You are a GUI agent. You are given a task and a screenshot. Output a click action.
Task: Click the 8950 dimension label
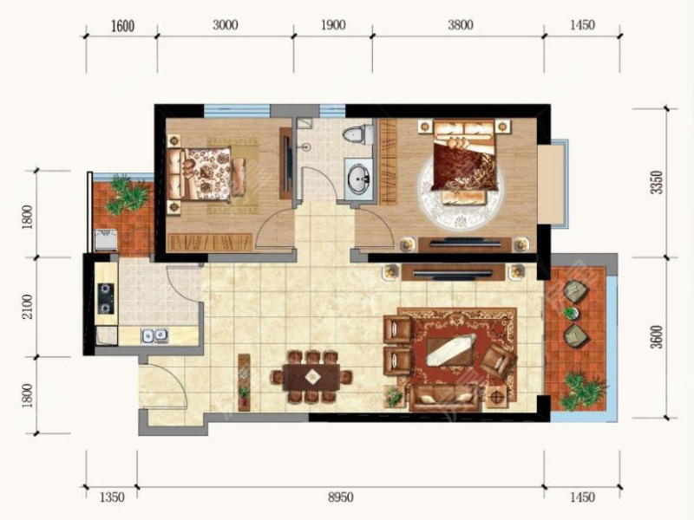pyautogui.click(x=340, y=497)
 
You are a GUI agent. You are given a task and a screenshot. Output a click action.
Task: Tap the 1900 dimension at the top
pyautogui.click(x=333, y=25)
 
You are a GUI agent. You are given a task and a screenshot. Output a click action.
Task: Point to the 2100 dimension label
pyautogui.click(x=28, y=306)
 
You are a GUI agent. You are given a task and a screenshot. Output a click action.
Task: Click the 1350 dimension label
pyautogui.click(x=112, y=497)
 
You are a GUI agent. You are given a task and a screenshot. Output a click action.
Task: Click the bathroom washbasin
pyautogui.click(x=359, y=179)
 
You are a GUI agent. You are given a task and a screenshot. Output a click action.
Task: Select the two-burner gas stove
pyautogui.click(x=106, y=298)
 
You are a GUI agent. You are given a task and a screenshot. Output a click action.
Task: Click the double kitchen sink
pyautogui.click(x=154, y=335)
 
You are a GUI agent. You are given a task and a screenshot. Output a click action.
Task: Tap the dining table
pyautogui.click(x=311, y=377)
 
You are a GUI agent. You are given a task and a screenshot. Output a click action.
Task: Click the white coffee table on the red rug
pyautogui.click(x=451, y=349)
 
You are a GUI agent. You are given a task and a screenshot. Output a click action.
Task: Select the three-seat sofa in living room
pyautogui.click(x=444, y=398)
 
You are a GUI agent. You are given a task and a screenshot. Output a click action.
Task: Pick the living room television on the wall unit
pyautogui.click(x=453, y=274)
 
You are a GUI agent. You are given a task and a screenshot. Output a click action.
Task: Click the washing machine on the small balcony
pyautogui.click(x=105, y=240)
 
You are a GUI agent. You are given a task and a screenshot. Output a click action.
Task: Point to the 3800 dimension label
pyautogui.click(x=461, y=25)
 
